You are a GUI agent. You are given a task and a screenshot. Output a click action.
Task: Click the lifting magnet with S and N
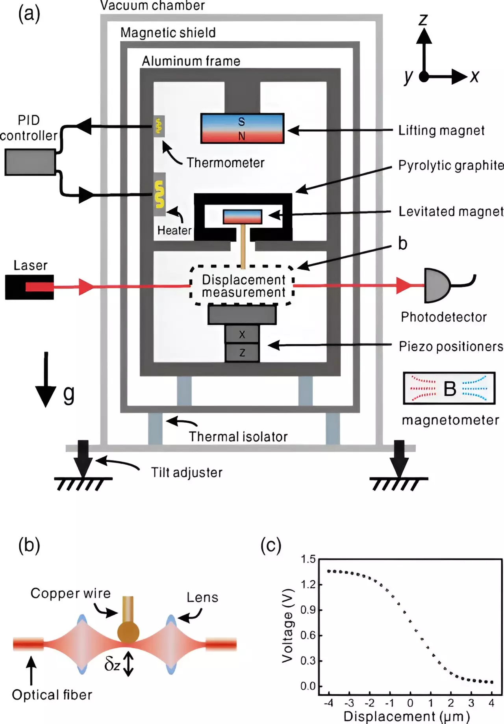coord(242,128)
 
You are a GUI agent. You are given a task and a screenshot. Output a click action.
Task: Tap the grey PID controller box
coord(30,162)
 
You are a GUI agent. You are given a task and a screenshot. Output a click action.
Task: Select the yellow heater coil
coord(159,194)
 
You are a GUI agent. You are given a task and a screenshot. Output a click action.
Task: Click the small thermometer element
coord(159,126)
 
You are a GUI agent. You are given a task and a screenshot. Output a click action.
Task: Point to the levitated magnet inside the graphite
coord(242,217)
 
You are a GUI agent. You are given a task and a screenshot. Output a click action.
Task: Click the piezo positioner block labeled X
coord(242,334)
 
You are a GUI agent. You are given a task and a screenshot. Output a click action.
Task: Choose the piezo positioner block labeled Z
coord(242,353)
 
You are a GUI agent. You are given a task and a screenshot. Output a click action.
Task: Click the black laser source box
coord(29,287)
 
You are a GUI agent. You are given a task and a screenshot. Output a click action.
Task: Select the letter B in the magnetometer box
coord(450,389)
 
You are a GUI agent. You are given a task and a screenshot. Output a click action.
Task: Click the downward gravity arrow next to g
coord(46,380)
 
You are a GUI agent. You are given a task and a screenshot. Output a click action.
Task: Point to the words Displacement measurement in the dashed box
coord(243,286)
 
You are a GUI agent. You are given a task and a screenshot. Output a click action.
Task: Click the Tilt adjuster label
coord(187,472)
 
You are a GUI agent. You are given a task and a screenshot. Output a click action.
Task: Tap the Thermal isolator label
coord(238,437)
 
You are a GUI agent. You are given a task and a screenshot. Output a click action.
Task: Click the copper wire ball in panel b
coord(128,633)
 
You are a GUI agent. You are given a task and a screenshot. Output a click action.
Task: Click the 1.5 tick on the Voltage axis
coord(308,559)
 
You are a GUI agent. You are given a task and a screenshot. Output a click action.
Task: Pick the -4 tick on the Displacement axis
coord(328,703)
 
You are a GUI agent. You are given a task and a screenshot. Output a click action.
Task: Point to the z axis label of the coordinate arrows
coord(423,19)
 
